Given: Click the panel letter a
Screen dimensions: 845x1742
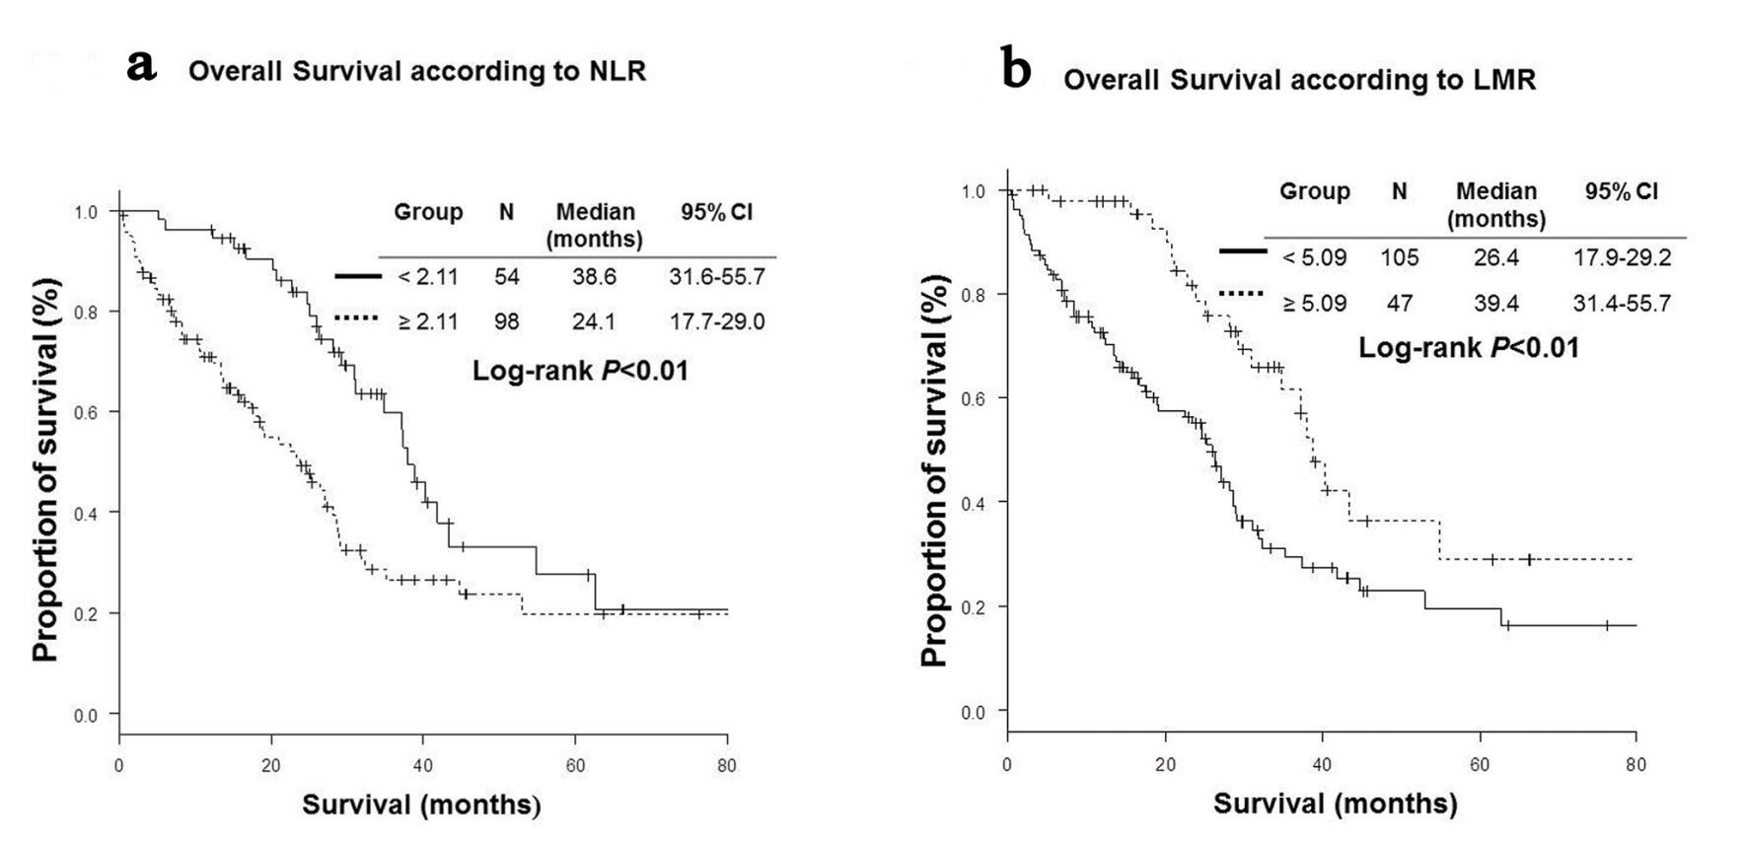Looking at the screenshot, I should tap(142, 67).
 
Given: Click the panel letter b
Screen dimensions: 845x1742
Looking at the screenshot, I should tap(1016, 71).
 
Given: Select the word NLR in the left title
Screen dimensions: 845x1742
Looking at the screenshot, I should tap(615, 72).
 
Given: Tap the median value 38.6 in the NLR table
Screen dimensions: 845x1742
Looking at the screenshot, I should tap(594, 277).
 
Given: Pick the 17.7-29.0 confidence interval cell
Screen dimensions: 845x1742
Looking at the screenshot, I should tap(717, 321).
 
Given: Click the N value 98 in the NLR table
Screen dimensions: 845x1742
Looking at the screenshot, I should tap(506, 321).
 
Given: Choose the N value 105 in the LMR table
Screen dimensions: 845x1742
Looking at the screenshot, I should tap(1399, 258).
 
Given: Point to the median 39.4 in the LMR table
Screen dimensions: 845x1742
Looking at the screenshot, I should tap(1495, 304).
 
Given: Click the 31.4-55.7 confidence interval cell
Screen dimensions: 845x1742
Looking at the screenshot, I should tap(1622, 304).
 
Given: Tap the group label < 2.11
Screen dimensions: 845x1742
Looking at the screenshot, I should tap(428, 277).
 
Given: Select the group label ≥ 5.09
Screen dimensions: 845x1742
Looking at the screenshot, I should tap(1314, 304).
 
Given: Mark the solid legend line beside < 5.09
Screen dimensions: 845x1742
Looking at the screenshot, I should tap(1243, 251).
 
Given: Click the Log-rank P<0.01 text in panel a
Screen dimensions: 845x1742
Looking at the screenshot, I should tap(580, 372).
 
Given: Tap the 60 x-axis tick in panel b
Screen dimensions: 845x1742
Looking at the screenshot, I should tap(1480, 764).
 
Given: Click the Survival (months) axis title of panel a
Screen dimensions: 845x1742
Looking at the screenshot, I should tap(421, 805).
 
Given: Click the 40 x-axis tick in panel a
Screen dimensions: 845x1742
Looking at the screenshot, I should tap(422, 764).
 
